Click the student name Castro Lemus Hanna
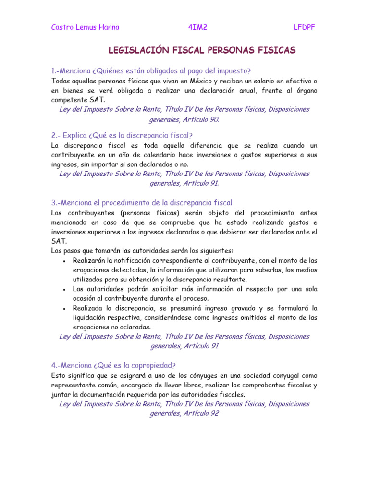point(85,27)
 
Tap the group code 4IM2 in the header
point(198,27)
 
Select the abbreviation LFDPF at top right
point(304,27)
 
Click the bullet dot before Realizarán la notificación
point(64,261)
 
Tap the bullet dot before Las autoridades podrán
point(64,290)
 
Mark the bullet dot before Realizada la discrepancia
point(64,308)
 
